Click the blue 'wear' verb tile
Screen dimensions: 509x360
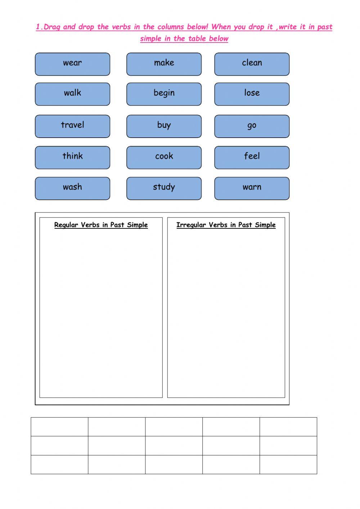[72, 64]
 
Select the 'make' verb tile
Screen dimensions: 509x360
[164, 64]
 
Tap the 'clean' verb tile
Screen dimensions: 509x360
[252, 64]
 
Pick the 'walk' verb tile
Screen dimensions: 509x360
[72, 94]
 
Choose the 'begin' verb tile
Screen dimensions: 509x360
[164, 94]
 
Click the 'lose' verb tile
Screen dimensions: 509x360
[252, 94]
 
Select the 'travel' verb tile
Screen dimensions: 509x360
[72, 126]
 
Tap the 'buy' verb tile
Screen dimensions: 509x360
[164, 126]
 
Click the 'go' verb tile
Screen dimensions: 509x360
[252, 126]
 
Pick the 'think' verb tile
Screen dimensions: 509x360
[72, 157]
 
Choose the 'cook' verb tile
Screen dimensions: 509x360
[164, 157]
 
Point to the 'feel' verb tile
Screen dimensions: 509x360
[252, 157]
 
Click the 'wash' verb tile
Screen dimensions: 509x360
[72, 188]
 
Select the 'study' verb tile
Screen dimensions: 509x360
[164, 188]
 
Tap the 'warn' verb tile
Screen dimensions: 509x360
[252, 188]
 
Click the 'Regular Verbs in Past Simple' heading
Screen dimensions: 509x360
[101, 225]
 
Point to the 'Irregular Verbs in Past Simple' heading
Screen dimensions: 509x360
[226, 225]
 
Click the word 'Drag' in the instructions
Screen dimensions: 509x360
[52, 27]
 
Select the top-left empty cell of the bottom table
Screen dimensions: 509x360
[59, 427]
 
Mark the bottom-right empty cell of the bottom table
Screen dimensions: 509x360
[288, 464]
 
